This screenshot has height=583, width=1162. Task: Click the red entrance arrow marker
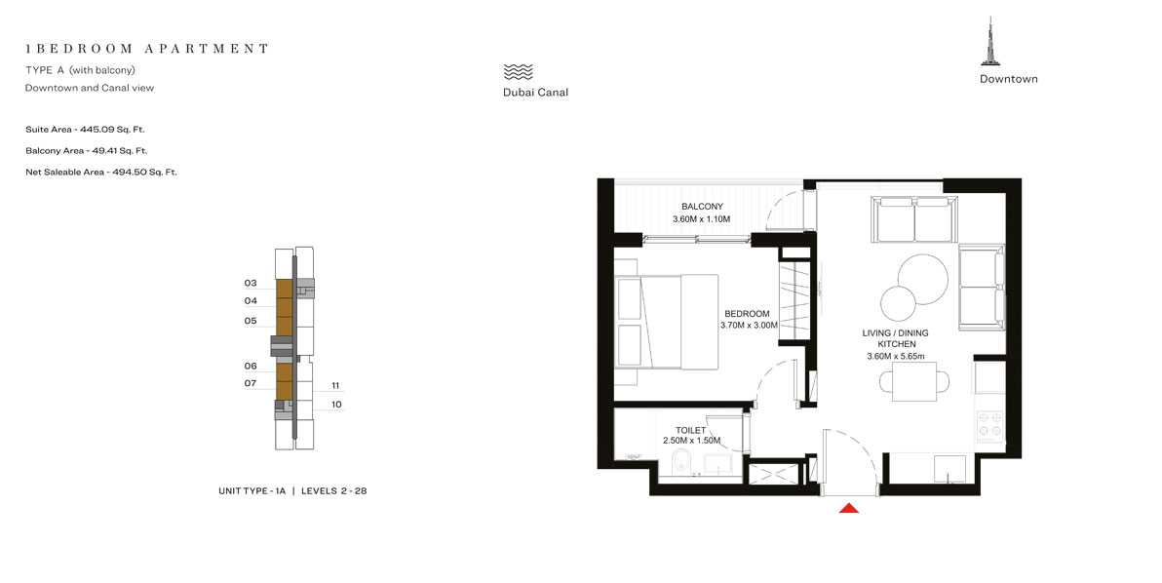coord(848,507)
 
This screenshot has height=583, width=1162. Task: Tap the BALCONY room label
coord(702,207)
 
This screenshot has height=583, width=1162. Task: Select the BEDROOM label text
coord(748,313)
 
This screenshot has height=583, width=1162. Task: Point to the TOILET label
coord(690,429)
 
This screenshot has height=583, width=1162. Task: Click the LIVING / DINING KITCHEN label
coord(895,338)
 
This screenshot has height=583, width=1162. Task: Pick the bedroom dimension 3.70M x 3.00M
coord(749,326)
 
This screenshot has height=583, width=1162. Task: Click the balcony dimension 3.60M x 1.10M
coord(701,219)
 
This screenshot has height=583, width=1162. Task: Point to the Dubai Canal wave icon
coord(519,72)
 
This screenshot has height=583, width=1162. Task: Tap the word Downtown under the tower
coord(1008,79)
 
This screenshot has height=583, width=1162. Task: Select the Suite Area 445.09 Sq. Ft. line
coord(86,129)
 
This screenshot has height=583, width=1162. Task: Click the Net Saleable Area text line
coord(101,172)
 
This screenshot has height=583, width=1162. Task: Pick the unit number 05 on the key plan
coord(251,320)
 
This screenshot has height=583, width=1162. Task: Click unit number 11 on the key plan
coord(335,385)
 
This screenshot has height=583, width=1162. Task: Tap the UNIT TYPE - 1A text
coord(252,491)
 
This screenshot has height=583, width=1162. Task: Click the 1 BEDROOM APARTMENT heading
coord(147,48)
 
